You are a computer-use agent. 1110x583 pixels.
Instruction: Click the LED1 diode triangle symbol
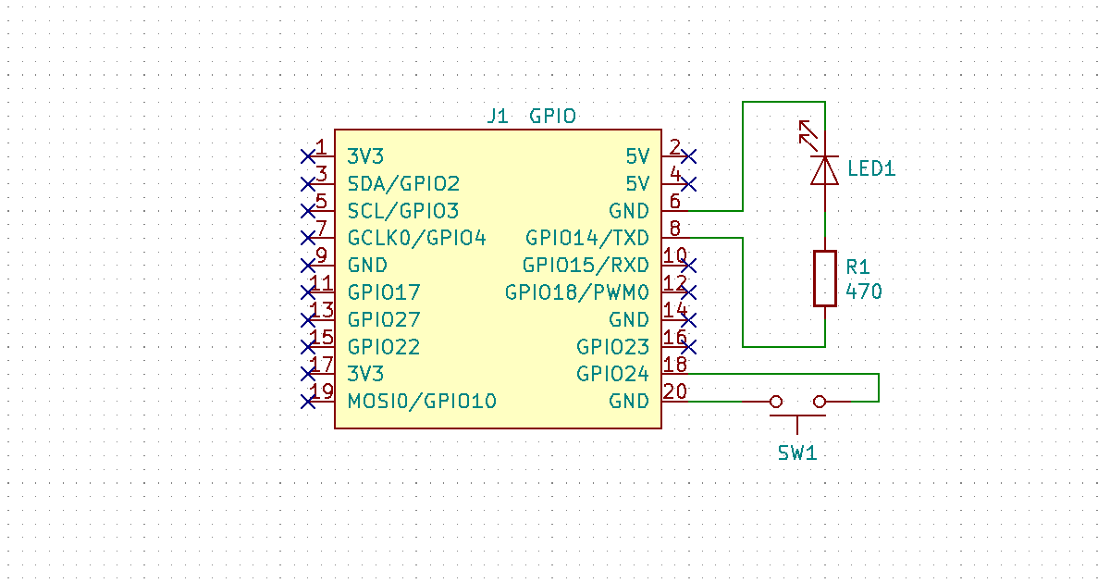[824, 170]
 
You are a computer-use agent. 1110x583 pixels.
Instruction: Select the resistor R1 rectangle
[824, 278]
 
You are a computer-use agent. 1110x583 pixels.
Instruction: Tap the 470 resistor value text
[864, 292]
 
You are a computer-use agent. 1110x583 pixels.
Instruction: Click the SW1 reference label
[796, 453]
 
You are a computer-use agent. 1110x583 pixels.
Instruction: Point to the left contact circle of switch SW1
[776, 401]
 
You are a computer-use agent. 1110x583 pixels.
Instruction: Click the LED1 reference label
[871, 169]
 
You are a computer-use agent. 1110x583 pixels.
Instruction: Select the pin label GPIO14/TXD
[587, 238]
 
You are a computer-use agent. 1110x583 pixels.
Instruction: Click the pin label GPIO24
[612, 374]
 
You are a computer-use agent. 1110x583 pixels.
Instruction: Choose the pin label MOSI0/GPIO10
[422, 402]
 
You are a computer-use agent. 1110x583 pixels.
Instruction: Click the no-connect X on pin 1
[308, 155]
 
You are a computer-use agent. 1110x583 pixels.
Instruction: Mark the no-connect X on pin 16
[688, 346]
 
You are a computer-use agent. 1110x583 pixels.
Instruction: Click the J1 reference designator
[498, 117]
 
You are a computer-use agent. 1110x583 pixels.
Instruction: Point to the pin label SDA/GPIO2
[403, 183]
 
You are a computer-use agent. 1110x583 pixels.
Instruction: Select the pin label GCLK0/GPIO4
[416, 238]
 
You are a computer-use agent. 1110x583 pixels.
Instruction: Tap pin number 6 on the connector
[674, 201]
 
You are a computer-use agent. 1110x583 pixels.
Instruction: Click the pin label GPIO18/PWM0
[577, 292]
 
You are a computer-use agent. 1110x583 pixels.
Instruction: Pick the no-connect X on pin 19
[308, 401]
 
